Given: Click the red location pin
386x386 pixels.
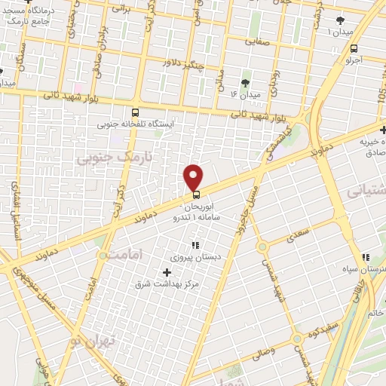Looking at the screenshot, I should (x=195, y=177).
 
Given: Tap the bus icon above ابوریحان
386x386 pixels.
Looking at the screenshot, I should (x=197, y=194).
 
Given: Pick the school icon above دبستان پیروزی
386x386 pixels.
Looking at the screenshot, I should (x=195, y=245).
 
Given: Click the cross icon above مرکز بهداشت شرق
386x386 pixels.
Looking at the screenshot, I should (x=167, y=271).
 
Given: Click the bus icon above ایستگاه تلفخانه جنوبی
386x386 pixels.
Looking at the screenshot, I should (x=134, y=110).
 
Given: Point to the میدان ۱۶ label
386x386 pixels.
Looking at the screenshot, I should (x=245, y=96).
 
